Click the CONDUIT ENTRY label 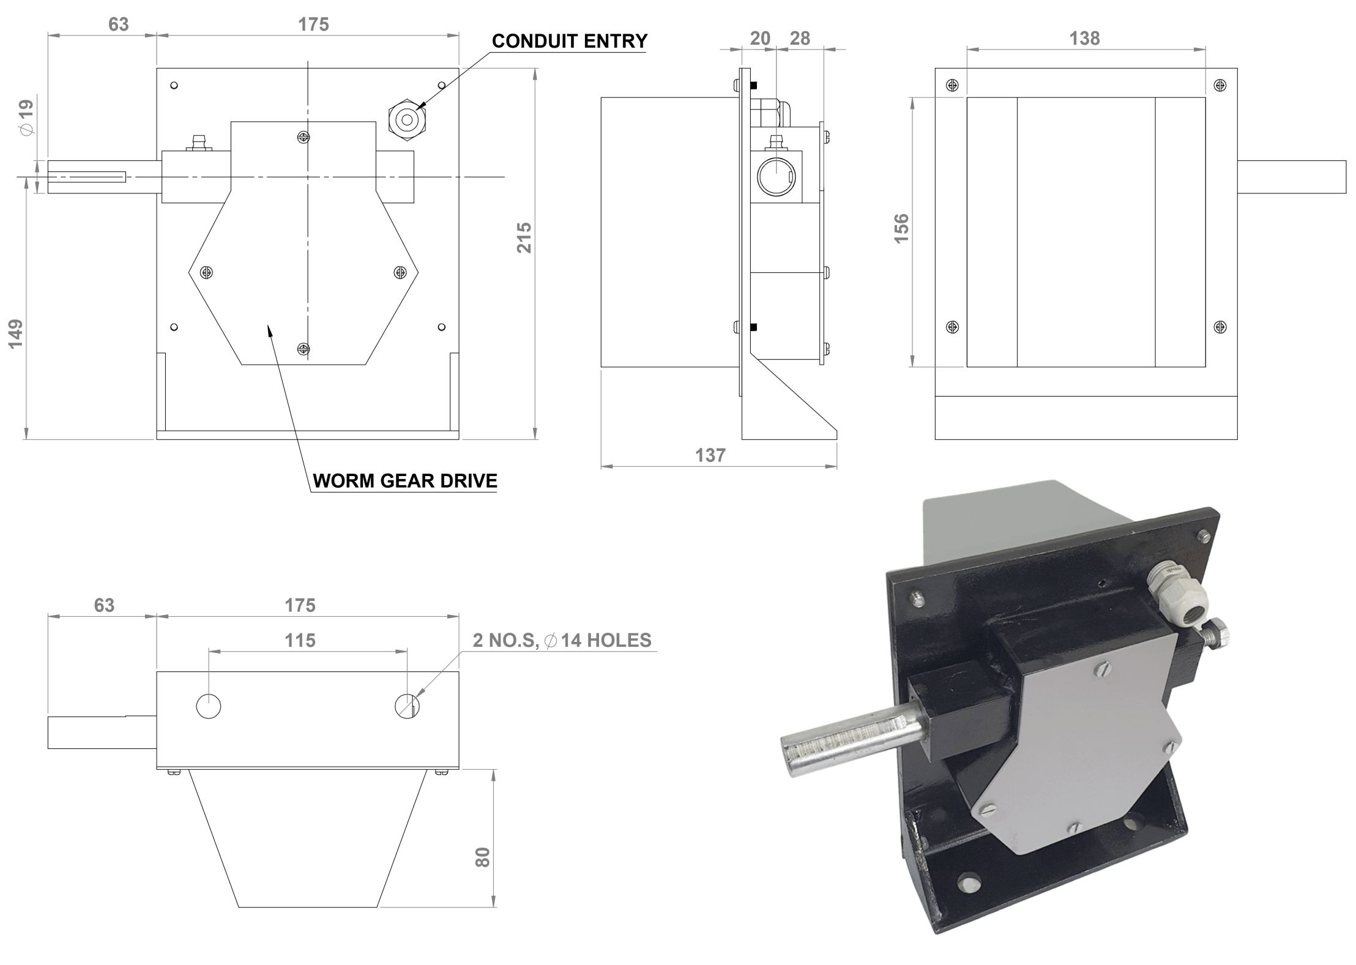(569, 41)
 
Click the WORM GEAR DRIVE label (404, 481)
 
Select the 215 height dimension (524, 237)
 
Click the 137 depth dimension (710, 455)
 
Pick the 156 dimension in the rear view (901, 229)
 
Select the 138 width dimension (1084, 39)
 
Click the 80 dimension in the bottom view (483, 857)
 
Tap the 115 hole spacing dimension (300, 641)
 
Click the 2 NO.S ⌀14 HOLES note (562, 641)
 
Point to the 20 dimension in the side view (760, 39)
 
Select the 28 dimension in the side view (800, 39)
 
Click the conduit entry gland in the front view (408, 120)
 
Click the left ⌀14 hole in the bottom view (209, 706)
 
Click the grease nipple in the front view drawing (198, 143)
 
